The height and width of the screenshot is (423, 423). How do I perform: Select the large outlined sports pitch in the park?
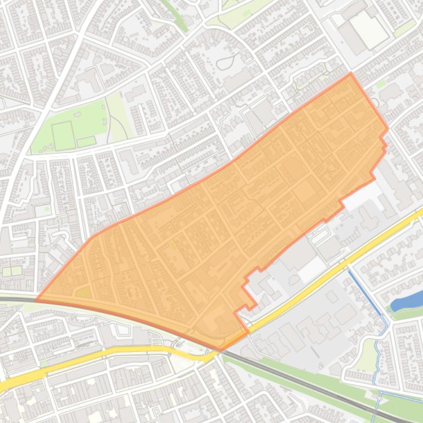click(x=63, y=135)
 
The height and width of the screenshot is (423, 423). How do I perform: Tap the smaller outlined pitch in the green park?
click(x=86, y=142)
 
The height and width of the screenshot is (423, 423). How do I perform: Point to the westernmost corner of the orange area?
click(x=36, y=300)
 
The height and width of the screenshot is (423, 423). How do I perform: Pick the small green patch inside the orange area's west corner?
click(x=84, y=293)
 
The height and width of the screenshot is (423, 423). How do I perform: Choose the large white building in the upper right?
click(x=369, y=29)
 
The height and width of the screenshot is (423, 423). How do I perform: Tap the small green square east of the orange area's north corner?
click(x=381, y=84)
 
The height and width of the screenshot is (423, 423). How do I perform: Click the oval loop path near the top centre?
click(x=226, y=62)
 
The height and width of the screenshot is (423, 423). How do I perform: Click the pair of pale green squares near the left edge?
click(x=12, y=271)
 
